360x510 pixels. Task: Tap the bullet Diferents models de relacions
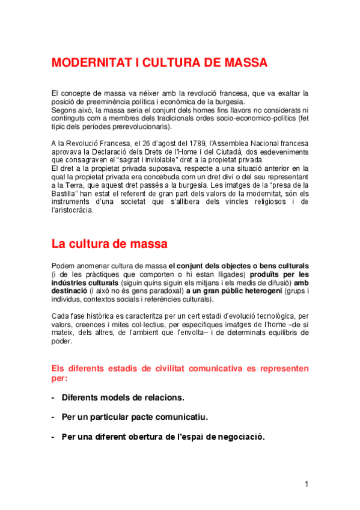123,398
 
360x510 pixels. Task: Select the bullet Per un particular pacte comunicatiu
135,416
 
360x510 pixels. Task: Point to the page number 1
307,484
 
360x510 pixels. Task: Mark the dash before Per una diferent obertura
53,437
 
